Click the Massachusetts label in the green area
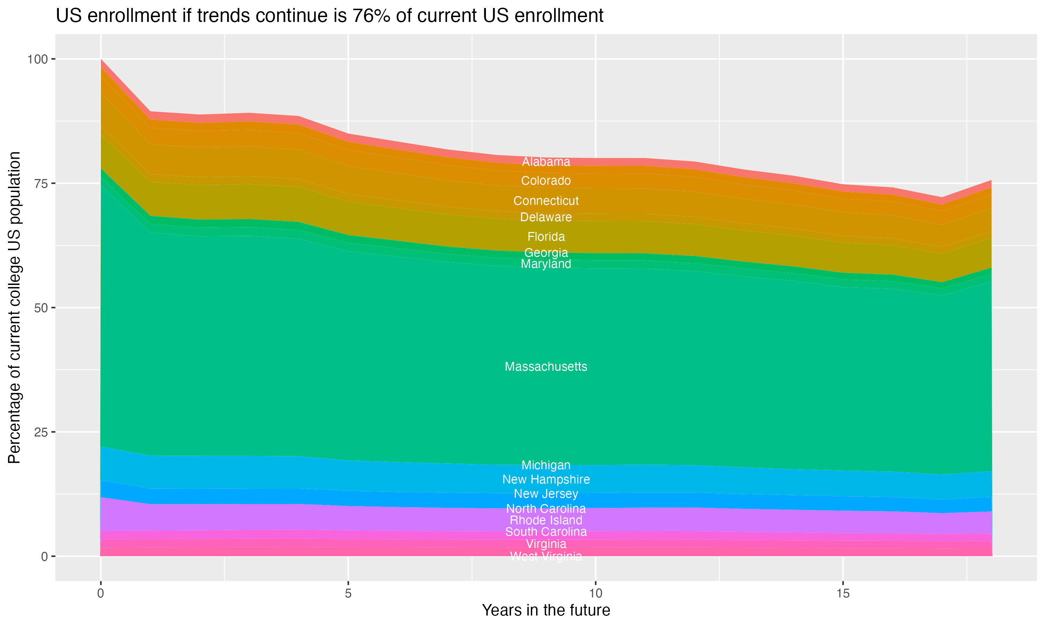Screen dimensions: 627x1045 point(546,366)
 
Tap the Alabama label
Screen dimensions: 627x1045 point(546,162)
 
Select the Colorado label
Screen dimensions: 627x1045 point(546,181)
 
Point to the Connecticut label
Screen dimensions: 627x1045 point(546,201)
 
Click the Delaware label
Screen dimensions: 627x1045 point(546,217)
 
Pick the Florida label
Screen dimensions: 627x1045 point(546,237)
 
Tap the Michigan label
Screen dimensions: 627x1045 point(546,465)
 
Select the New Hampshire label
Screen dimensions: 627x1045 point(546,480)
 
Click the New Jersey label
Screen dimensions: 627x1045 point(546,494)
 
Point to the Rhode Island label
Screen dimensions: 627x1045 point(546,520)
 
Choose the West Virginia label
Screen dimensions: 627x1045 point(546,556)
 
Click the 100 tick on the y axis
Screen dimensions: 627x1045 point(37,59)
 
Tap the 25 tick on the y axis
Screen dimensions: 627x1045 point(40,432)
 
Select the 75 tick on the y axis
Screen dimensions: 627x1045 point(40,183)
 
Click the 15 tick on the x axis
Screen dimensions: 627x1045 point(843,594)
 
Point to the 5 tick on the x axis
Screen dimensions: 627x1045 point(348,594)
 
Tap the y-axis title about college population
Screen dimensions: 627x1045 point(14,308)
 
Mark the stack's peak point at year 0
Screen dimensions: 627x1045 point(101,60)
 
